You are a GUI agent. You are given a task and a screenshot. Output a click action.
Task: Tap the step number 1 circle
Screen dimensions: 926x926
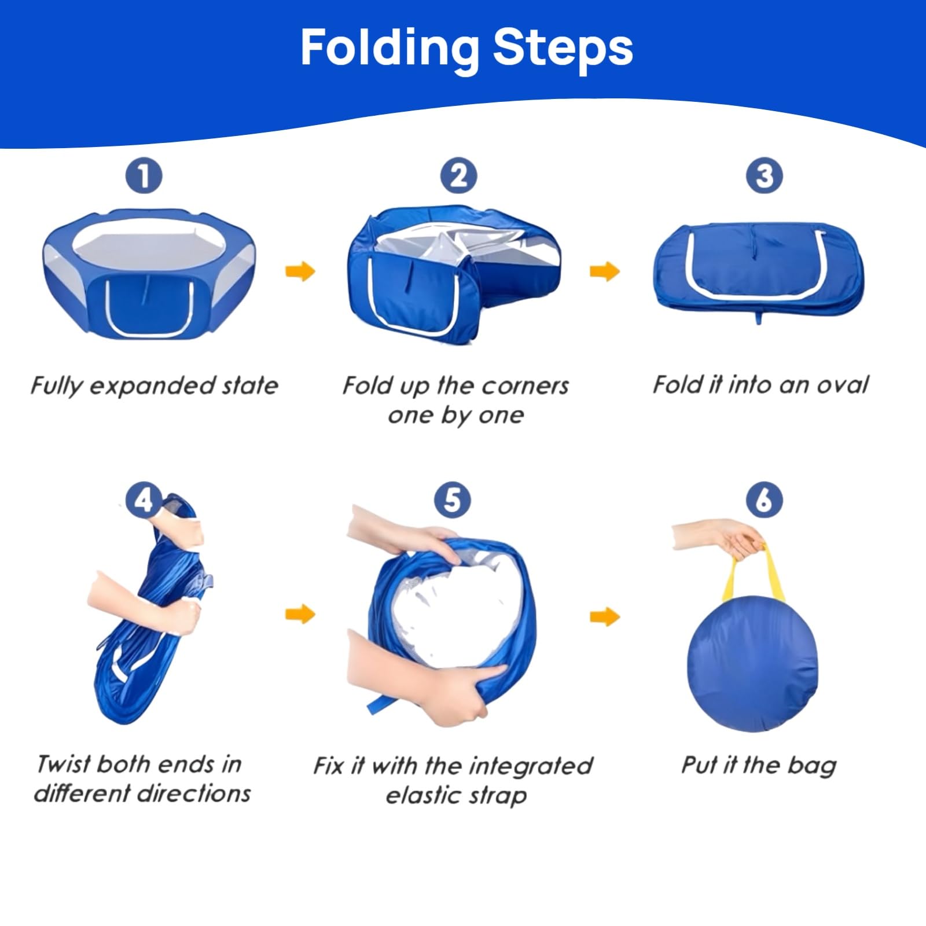pos(144,176)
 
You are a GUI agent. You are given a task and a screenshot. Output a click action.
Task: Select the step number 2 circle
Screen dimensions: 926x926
pos(458,176)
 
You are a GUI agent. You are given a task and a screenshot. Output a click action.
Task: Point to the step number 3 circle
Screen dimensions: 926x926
pos(764,176)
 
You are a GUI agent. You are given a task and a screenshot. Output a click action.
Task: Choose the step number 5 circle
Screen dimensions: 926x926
pos(452,500)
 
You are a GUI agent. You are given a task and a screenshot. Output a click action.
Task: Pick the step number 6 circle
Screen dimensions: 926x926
pos(764,500)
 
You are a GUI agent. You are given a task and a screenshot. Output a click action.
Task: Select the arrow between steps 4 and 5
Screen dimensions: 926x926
pos(300,614)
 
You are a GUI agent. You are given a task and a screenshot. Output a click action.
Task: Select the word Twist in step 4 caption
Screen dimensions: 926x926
pos(63,764)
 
